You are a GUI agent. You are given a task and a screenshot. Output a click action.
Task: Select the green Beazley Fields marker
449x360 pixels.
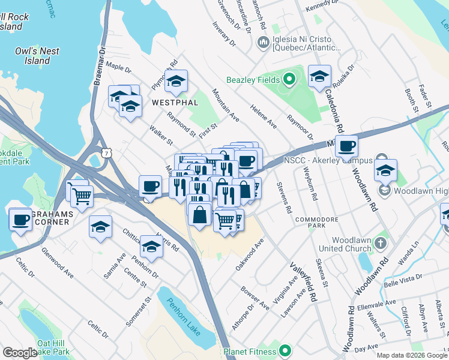tap(289, 79)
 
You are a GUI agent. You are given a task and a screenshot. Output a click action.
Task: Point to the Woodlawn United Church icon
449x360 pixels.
tap(379, 243)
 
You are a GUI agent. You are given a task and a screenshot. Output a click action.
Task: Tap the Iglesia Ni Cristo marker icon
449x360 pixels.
tap(263, 43)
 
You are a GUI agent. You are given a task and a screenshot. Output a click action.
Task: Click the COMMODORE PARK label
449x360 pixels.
tap(312, 224)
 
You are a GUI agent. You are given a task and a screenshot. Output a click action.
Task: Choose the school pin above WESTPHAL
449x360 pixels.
tap(176, 82)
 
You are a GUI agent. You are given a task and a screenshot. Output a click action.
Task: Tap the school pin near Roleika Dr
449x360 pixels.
tap(319, 76)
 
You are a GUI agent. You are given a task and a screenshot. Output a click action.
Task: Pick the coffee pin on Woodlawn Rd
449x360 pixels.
tap(346, 145)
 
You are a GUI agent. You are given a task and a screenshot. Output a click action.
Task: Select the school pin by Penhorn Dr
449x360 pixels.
tap(151, 247)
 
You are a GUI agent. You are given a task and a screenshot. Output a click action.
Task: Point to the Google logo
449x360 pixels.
tap(20, 353)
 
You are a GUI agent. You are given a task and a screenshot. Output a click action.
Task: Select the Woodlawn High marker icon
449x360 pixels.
tap(385, 191)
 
